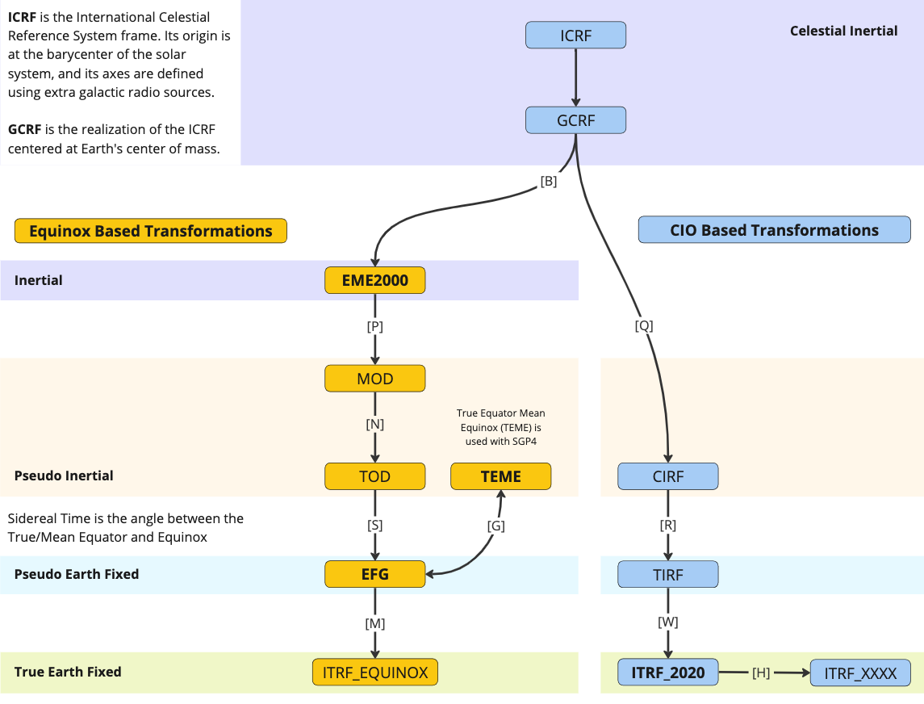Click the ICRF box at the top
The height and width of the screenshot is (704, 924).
click(576, 35)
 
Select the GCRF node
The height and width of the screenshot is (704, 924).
click(576, 120)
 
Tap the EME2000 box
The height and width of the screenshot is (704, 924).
click(374, 280)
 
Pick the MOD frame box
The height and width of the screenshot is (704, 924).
click(374, 378)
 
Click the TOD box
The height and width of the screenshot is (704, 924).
click(374, 476)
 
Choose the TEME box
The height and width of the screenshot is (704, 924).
click(500, 476)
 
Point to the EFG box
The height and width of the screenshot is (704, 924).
click(374, 574)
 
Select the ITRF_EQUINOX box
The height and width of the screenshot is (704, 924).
click(374, 673)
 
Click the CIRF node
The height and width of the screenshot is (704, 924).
click(667, 476)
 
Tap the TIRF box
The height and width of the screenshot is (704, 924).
click(667, 575)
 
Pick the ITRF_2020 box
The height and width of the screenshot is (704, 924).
click(667, 673)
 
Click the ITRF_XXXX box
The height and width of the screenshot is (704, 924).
click(860, 673)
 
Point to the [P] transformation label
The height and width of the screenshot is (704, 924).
click(374, 327)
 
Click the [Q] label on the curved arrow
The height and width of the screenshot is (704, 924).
click(644, 326)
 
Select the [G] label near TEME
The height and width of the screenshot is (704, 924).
click(496, 526)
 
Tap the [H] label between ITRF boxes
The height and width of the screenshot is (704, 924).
click(760, 673)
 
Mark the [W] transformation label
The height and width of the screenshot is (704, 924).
click(667, 622)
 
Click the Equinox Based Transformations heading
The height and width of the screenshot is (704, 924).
click(151, 231)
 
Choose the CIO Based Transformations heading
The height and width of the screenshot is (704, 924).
click(774, 230)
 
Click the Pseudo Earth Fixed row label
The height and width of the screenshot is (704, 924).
click(77, 574)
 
